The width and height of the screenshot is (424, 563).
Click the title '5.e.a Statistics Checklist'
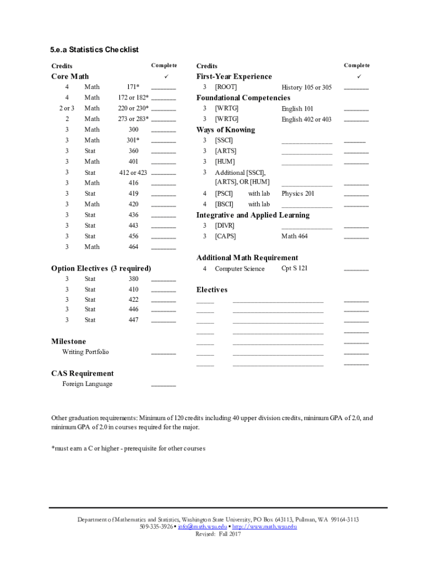click(95, 50)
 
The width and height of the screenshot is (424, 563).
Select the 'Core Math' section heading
click(70, 76)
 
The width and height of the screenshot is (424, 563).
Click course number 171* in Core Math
click(133, 87)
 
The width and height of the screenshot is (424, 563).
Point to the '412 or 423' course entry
click(133, 173)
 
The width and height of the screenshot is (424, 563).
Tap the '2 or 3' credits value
click(67, 108)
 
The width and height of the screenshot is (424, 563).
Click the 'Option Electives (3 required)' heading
click(101, 268)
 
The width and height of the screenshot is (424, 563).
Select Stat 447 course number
click(133, 320)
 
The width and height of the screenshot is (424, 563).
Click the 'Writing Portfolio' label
click(85, 352)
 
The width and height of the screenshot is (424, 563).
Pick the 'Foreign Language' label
click(87, 384)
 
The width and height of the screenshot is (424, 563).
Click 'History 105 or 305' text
click(307, 87)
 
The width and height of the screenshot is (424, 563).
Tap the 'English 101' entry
click(297, 109)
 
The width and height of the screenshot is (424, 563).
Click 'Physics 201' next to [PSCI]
click(298, 194)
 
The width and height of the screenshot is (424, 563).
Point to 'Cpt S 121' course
click(295, 268)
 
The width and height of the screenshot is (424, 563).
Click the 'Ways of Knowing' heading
click(226, 130)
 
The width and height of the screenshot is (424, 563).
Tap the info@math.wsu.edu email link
click(202, 527)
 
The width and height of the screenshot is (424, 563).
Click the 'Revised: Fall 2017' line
click(219, 534)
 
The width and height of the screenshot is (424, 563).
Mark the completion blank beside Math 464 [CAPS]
click(356, 238)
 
